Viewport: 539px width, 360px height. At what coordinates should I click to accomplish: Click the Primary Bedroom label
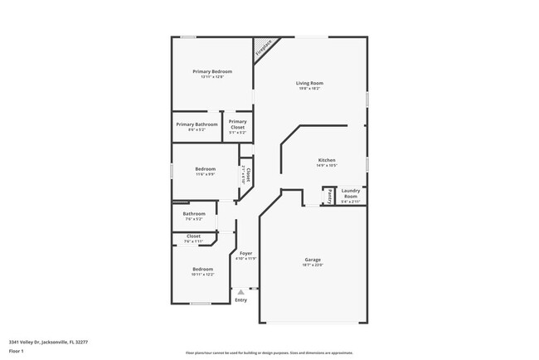click(212, 72)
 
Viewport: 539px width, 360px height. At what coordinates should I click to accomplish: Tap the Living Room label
click(310, 83)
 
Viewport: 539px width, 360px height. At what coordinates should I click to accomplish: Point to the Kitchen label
click(327, 160)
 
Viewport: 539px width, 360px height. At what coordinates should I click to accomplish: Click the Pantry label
click(329, 197)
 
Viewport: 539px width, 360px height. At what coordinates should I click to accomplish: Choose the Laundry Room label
click(351, 192)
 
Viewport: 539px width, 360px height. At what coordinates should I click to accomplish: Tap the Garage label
click(312, 260)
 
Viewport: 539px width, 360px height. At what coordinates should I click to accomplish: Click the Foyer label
click(246, 253)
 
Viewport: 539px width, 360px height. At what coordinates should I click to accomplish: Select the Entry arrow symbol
click(241, 291)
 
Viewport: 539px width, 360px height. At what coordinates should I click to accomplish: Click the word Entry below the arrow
click(241, 300)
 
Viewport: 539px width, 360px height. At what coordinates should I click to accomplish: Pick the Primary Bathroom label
click(197, 124)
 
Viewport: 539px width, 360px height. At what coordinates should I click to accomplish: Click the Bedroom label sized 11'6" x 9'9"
click(205, 169)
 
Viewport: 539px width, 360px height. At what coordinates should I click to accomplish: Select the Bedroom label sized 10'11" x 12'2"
click(203, 269)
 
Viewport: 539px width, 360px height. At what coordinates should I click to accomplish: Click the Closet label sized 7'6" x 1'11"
click(193, 236)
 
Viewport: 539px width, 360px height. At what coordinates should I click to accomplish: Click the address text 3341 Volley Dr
click(48, 341)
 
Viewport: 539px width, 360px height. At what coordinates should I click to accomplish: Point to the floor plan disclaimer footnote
click(269, 353)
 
